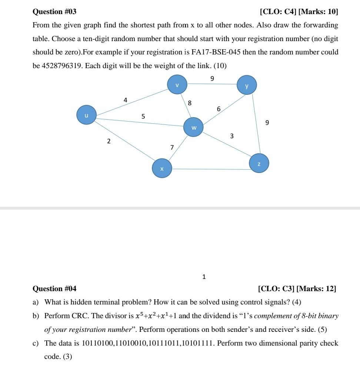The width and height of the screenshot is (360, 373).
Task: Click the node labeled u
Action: pyautogui.click(x=86, y=115)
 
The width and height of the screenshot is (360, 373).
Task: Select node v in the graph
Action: pyautogui.click(x=177, y=84)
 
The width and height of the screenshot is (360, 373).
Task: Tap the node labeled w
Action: pyautogui.click(x=193, y=127)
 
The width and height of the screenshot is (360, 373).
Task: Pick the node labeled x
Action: pyautogui.click(x=161, y=169)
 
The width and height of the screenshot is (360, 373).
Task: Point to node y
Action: pyautogui.click(x=247, y=85)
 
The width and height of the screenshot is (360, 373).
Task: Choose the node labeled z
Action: pyautogui.click(x=259, y=163)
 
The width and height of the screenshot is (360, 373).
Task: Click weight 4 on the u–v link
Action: pyautogui.click(x=126, y=100)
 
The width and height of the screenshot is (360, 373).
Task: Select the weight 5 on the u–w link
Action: pyautogui.click(x=143, y=116)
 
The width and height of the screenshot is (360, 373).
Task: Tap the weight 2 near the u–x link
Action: pyautogui.click(x=109, y=141)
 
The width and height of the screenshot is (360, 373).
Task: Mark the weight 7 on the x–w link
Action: pyautogui.click(x=172, y=147)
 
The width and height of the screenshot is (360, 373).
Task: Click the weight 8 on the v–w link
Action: pyautogui.click(x=190, y=103)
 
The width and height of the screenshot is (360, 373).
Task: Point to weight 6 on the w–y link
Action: pyautogui.click(x=219, y=109)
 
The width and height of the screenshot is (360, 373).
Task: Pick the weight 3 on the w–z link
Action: pyautogui.click(x=232, y=136)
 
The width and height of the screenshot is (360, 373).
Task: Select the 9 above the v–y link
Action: pyautogui.click(x=212, y=79)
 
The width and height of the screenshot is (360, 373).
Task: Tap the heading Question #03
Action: pyautogui.click(x=54, y=12)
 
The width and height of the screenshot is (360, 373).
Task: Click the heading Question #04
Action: pyautogui.click(x=54, y=289)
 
